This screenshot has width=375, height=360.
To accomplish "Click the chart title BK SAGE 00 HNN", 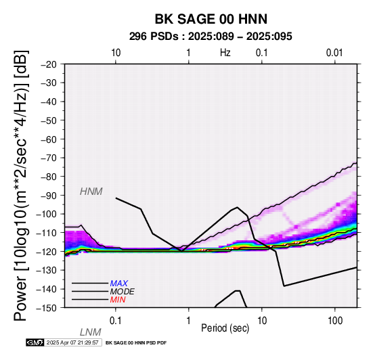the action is [211, 19].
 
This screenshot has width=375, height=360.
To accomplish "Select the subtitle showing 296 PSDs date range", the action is [211, 37].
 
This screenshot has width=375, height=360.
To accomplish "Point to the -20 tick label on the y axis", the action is [49, 64].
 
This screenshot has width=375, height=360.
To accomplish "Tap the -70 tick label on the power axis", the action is [49, 158].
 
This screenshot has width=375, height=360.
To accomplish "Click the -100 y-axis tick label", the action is [47, 214].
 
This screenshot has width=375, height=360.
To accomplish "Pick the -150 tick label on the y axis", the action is [47, 308].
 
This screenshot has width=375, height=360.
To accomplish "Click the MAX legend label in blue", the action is [119, 284].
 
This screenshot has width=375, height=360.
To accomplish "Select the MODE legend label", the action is [123, 292].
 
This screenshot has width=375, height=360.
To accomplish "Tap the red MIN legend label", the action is [118, 300].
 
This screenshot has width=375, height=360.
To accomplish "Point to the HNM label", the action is [91, 192].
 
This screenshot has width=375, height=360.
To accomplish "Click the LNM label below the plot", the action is [91, 332].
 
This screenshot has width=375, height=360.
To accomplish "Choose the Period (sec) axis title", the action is [225, 328].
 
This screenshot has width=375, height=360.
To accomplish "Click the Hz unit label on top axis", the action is [225, 53].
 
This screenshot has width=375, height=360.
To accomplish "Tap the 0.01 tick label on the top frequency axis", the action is [334, 53].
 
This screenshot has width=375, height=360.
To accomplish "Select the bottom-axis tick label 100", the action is [335, 321].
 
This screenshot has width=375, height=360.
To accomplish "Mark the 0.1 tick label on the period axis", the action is [116, 321].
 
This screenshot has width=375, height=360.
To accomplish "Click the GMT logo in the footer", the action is [35, 342].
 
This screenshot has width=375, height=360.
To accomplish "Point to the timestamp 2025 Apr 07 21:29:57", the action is [72, 342].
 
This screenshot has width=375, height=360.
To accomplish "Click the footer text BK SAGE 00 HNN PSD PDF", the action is [136, 343].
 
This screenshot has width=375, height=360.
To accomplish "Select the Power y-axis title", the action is [21, 185].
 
